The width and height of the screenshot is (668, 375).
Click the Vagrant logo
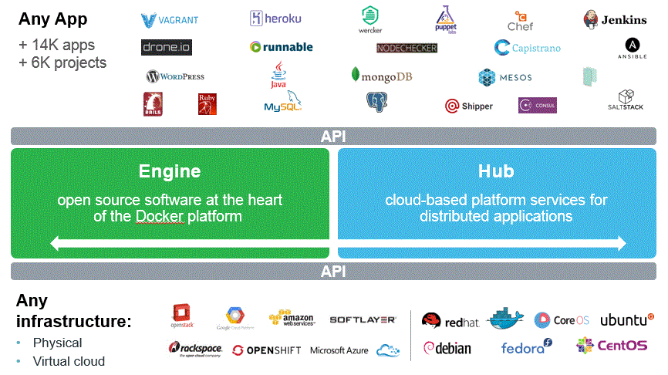(170, 20)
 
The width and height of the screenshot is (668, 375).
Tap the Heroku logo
(275, 19)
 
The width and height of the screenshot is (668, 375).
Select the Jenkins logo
(615, 20)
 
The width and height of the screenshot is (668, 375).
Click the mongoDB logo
(381, 76)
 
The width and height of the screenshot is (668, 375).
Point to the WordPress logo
(175, 76)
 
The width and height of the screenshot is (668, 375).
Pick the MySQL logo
(282, 103)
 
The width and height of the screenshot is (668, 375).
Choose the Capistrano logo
(528, 48)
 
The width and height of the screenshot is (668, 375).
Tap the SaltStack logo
(625, 100)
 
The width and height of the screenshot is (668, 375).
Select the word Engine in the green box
(170, 171)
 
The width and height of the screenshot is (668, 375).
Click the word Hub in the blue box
(496, 171)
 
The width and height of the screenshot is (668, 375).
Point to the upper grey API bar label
(333, 137)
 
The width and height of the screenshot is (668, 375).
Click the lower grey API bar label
(333, 271)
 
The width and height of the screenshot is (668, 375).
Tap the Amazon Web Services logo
(292, 318)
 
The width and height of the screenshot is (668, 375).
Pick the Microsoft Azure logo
(339, 350)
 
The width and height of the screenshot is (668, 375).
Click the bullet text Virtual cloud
(69, 361)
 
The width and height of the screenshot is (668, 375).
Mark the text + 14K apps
(56, 45)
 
